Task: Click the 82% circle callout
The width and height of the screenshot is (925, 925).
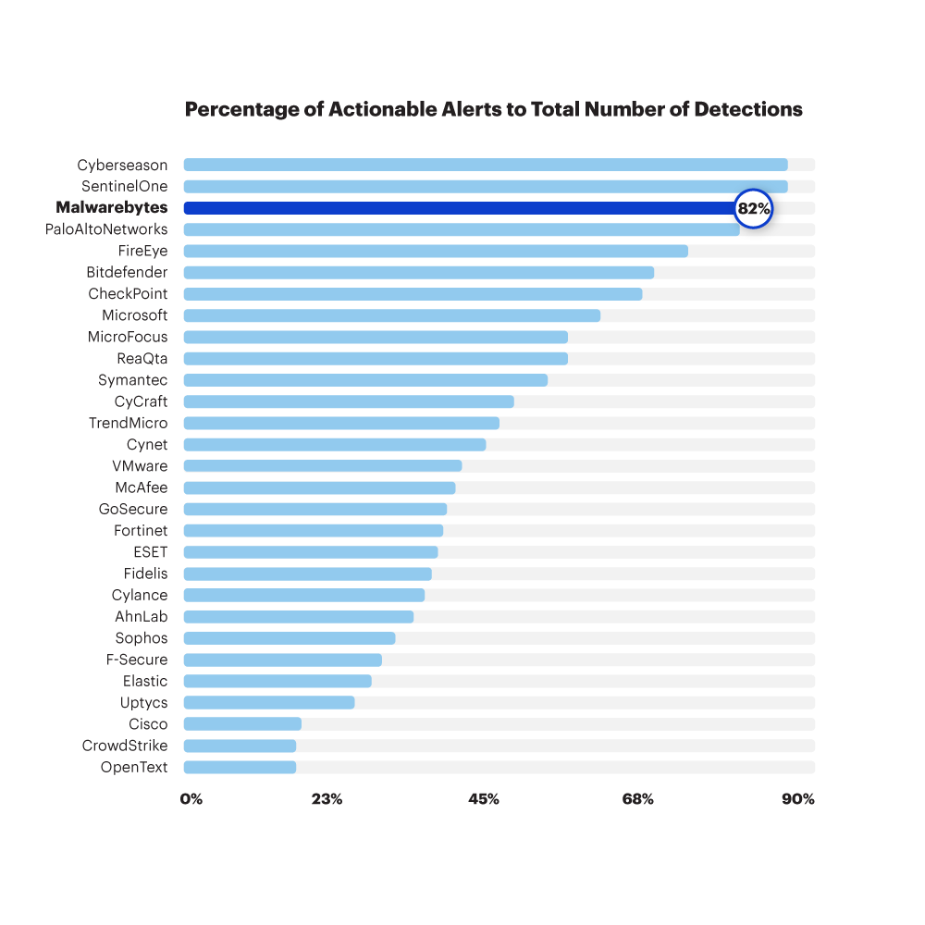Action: click(x=753, y=208)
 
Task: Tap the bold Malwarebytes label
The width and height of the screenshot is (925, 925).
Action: click(x=112, y=208)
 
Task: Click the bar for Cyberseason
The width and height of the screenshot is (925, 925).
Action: click(x=485, y=165)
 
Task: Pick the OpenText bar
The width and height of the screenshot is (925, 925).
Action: click(x=240, y=767)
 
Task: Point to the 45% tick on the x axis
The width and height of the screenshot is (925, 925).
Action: click(x=484, y=799)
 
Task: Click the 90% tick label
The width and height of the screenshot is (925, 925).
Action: click(x=798, y=799)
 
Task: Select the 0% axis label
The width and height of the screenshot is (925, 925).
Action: click(x=191, y=799)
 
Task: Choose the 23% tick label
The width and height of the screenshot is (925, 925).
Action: click(x=327, y=799)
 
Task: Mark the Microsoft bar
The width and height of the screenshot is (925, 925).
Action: click(x=391, y=315)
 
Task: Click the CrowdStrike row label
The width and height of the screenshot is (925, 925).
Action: click(x=125, y=746)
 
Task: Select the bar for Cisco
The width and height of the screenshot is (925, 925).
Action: click(x=242, y=724)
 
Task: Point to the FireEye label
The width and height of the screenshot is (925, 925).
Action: click(x=142, y=251)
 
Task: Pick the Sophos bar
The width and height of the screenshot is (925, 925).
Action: click(x=290, y=638)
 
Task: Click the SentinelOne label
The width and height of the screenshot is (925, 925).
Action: click(x=125, y=187)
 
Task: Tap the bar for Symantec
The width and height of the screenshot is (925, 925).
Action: click(x=365, y=380)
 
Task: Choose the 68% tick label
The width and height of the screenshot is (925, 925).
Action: click(x=638, y=799)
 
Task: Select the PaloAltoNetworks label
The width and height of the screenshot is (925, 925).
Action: click(x=106, y=229)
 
